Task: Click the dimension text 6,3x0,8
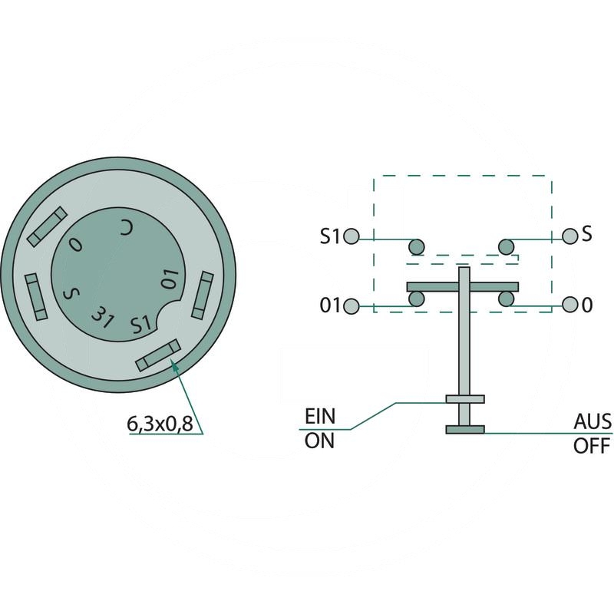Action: pyautogui.click(x=159, y=423)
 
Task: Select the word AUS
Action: pyautogui.click(x=592, y=421)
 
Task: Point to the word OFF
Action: pyautogui.click(x=592, y=445)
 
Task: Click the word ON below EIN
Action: pyautogui.click(x=319, y=443)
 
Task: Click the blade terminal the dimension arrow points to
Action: pyautogui.click(x=157, y=355)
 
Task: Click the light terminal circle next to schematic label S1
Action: pyautogui.click(x=352, y=236)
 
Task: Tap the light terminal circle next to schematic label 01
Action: pyautogui.click(x=352, y=306)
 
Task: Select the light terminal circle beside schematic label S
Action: pyautogui.click(x=569, y=235)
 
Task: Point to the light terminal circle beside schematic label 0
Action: pyautogui.click(x=569, y=305)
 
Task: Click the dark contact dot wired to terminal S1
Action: pyautogui.click(x=416, y=246)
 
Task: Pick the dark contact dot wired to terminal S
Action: pyautogui.click(x=505, y=246)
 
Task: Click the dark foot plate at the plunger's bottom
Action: pyautogui.click(x=465, y=428)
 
